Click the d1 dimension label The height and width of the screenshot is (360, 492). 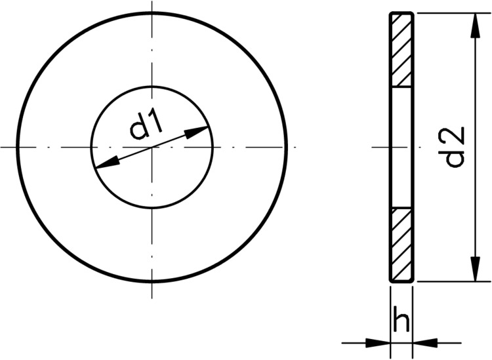(146, 126)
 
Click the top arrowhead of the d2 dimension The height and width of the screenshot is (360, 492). (472, 23)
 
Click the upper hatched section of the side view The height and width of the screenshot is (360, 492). (401, 50)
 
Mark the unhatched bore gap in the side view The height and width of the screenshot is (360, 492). (401, 148)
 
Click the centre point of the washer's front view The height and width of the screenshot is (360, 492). (152, 147)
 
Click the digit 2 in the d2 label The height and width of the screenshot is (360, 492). (454, 134)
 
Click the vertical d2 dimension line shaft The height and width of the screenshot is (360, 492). (472, 197)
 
